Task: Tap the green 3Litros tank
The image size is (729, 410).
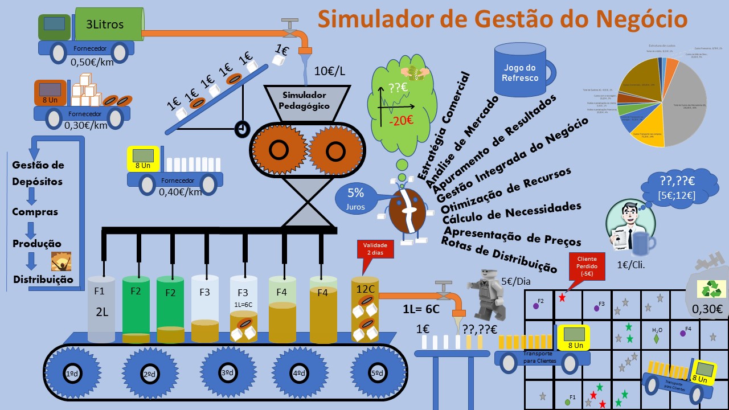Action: [x=107, y=24]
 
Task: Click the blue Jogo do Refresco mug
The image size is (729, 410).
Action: [x=520, y=71]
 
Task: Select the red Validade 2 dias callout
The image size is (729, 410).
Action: [x=375, y=248]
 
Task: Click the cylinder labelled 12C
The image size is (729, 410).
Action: [x=365, y=310]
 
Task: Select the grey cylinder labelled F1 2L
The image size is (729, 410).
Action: [x=102, y=310]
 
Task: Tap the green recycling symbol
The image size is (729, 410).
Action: [x=711, y=290]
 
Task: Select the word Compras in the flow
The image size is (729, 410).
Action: [x=35, y=212]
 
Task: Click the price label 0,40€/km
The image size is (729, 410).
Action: [x=181, y=192]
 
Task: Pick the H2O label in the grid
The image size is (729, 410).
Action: [x=657, y=330]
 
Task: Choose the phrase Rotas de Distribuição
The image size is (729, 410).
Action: [x=499, y=252]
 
